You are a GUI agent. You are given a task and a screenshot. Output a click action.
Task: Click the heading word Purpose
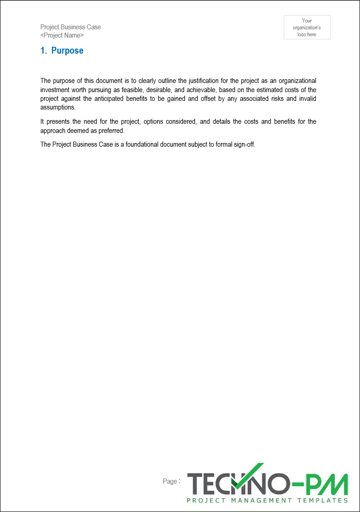click(67, 51)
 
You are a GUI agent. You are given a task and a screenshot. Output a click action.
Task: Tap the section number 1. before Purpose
click(44, 51)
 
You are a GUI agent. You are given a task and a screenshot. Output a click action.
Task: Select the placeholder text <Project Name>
click(62, 35)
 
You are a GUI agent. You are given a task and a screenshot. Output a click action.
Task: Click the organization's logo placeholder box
click(307, 28)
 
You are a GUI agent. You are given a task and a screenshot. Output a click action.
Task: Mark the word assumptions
click(57, 108)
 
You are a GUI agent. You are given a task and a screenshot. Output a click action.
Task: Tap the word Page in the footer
click(170, 481)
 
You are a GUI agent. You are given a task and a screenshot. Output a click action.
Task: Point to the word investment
click(55, 90)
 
